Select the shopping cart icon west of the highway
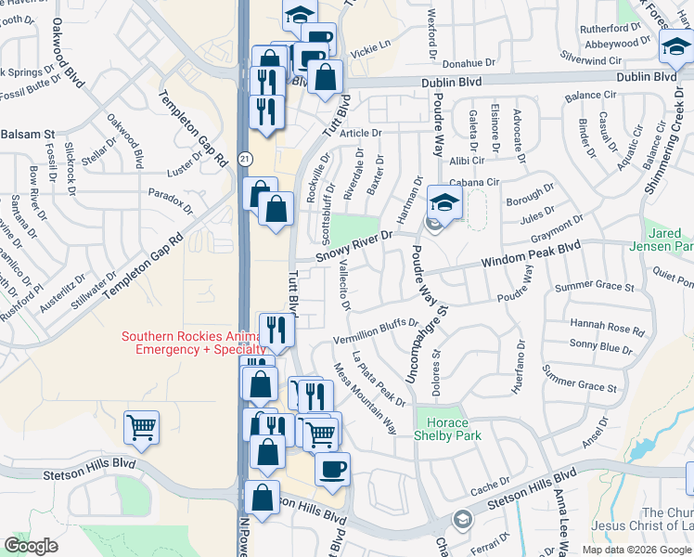click(x=142, y=427)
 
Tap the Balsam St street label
click(x=29, y=135)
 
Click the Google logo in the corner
click(x=31, y=545)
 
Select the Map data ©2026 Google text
click(x=637, y=550)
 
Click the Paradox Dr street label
click(x=170, y=196)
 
